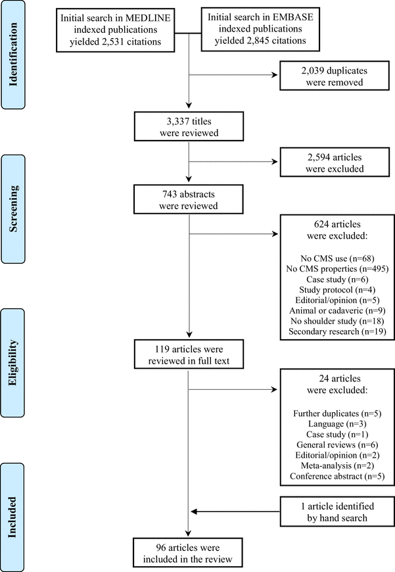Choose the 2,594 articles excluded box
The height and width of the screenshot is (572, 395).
336,162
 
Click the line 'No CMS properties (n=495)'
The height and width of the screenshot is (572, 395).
336,268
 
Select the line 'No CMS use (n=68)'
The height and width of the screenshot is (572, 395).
336,257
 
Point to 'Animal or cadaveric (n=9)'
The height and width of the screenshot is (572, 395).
336,310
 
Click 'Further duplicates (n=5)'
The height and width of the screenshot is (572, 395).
336,414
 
